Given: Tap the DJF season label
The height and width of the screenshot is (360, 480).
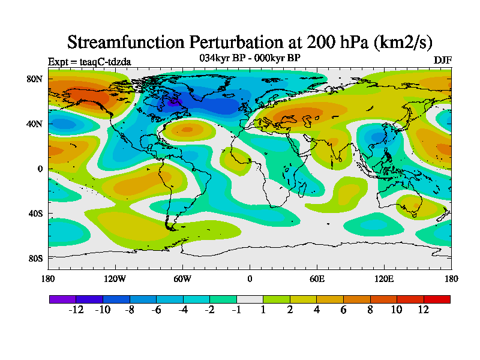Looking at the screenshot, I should (443, 61).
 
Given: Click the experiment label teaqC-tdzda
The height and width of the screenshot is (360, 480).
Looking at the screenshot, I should (89, 61).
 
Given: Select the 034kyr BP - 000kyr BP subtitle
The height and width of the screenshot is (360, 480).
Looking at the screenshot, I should (250, 58).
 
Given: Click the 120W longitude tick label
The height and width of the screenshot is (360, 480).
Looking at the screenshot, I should (115, 278).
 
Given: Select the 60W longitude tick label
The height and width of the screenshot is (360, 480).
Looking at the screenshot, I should (182, 278).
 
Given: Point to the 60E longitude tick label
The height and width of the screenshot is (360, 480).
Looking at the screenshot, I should (317, 278).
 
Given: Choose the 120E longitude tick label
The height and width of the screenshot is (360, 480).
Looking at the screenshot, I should (384, 278).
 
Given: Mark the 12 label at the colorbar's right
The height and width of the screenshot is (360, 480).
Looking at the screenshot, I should (424, 310).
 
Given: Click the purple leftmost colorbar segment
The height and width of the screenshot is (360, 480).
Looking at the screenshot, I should (62, 299).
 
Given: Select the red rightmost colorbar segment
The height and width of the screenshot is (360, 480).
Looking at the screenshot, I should (437, 299).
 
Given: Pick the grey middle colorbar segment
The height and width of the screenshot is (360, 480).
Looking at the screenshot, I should (250, 299).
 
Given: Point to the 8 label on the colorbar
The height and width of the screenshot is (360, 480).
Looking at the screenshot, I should (370, 310).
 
